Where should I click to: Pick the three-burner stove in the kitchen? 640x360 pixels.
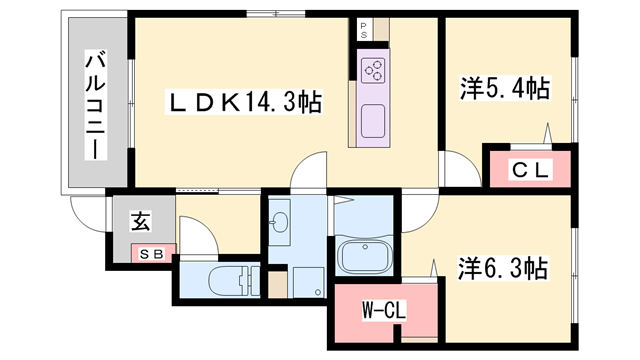pos(373,69)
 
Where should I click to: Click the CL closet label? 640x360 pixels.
pos(530,170)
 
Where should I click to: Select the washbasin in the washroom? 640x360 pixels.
pos(280,221)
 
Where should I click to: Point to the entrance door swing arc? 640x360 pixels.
pos(88,205)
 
